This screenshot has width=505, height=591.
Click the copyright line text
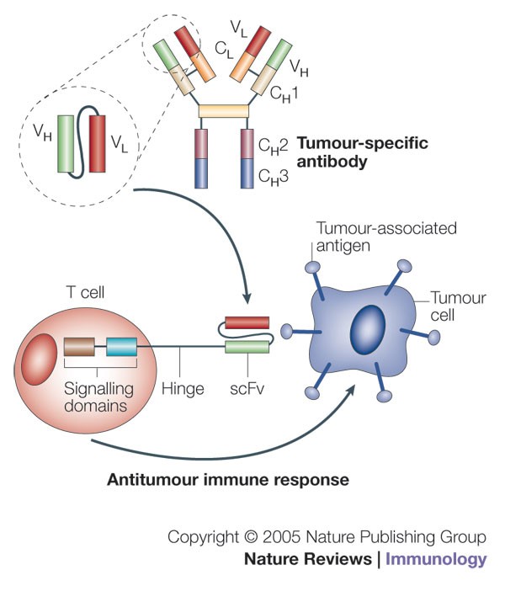coord(327,537)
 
